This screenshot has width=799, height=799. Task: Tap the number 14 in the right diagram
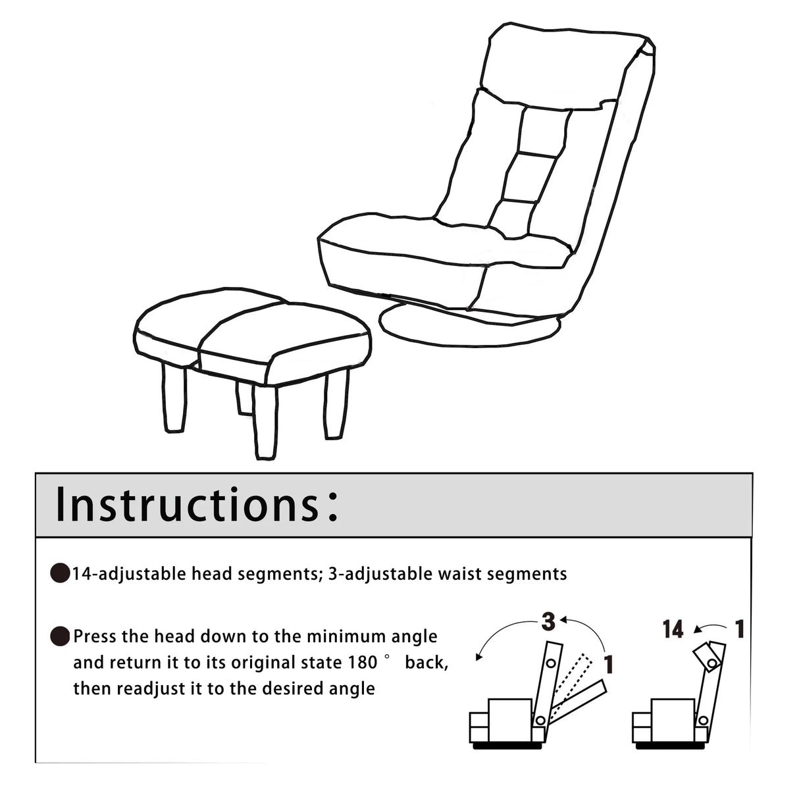[x=673, y=630]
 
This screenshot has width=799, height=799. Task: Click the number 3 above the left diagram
[x=548, y=621]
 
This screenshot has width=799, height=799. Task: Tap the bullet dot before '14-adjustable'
[x=61, y=574]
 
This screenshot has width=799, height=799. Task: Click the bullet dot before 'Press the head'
[x=61, y=636]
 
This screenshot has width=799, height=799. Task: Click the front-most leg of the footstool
[x=265, y=425]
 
